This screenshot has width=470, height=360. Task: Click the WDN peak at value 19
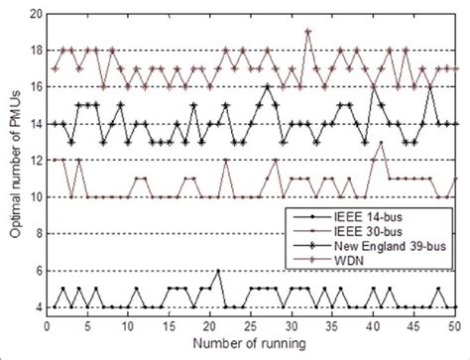[308, 32]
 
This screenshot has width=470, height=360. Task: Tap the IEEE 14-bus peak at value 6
[219, 271]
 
